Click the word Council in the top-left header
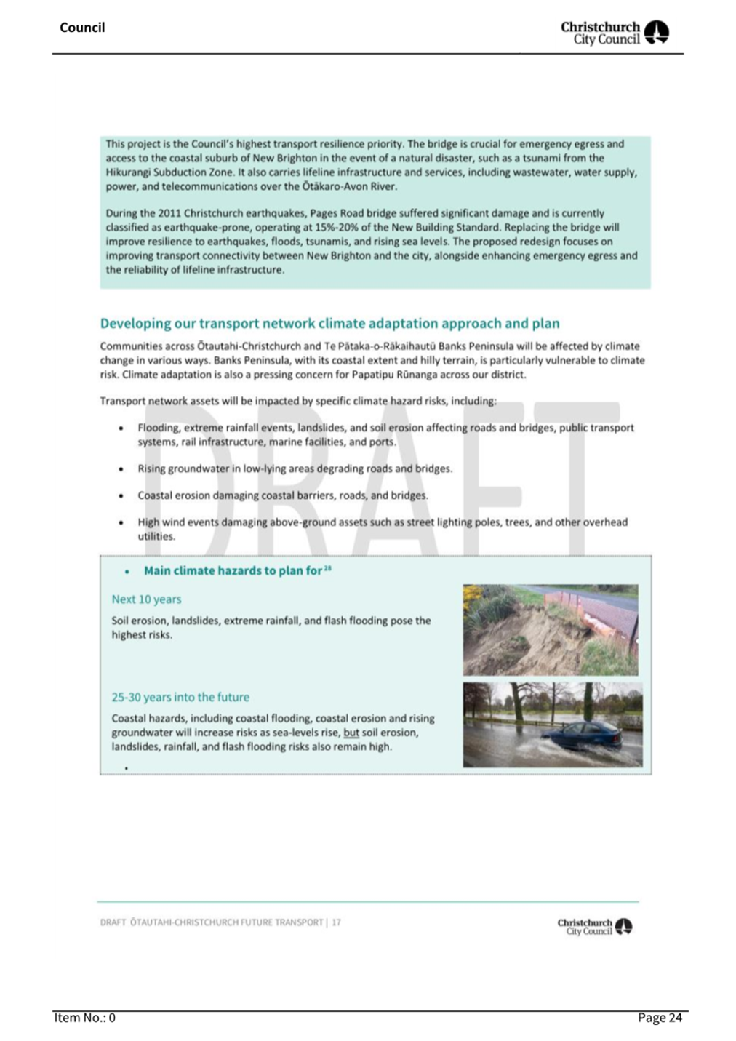pyautogui.click(x=82, y=28)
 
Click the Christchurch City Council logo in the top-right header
pyautogui.click(x=614, y=33)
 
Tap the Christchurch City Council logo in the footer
pyautogui.click(x=594, y=926)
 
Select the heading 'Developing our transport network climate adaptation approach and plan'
pyautogui.click(x=329, y=324)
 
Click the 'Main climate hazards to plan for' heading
pyautogui.click(x=233, y=571)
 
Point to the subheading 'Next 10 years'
pyautogui.click(x=146, y=599)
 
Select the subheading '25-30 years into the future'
pyautogui.click(x=180, y=697)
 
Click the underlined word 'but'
pyautogui.click(x=351, y=733)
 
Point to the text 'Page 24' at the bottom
pyautogui.click(x=660, y=1018)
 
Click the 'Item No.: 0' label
pyautogui.click(x=84, y=1018)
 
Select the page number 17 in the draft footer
pyautogui.click(x=337, y=922)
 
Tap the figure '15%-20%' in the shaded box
pyautogui.click(x=335, y=228)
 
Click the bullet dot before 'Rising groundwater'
pyautogui.click(x=121, y=469)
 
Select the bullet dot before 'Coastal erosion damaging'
pyautogui.click(x=121, y=496)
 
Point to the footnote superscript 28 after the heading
pyautogui.click(x=328, y=568)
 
